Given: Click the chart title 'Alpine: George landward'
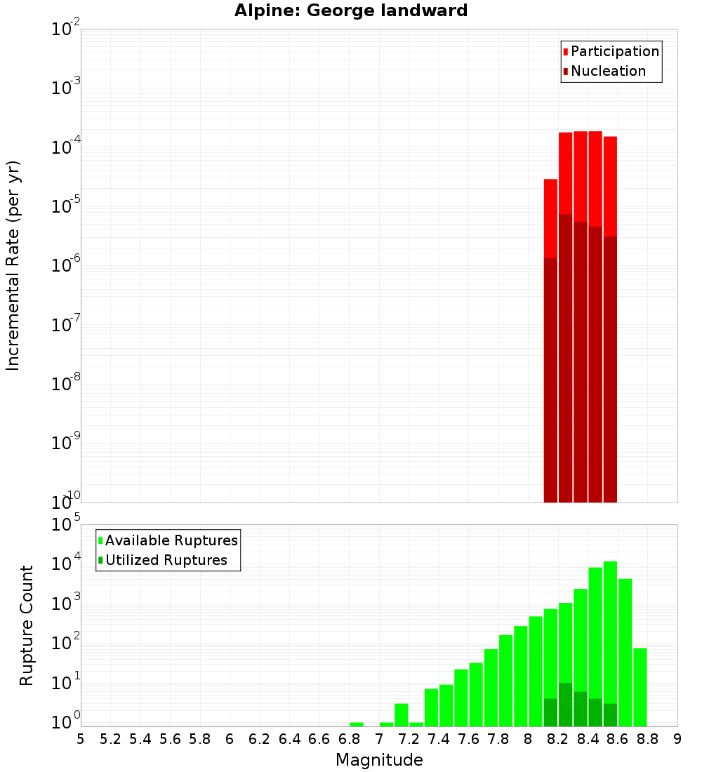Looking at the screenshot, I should (350, 11).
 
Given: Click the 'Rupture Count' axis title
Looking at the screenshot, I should (27, 625).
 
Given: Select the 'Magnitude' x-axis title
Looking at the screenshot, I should (379, 760).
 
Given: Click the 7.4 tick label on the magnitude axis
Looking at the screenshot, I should (439, 739).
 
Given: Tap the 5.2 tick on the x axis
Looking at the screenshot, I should (110, 739).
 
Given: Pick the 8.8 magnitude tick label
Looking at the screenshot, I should (647, 739).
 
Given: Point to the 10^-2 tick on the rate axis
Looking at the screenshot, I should (65, 29).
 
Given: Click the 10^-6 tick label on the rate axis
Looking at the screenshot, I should (65, 265).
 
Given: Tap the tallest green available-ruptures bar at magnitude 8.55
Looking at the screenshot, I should (610, 632).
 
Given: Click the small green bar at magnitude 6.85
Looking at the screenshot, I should (357, 724).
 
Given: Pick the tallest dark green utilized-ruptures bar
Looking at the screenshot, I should (565, 704).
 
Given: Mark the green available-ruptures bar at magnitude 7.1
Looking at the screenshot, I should (401, 714).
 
